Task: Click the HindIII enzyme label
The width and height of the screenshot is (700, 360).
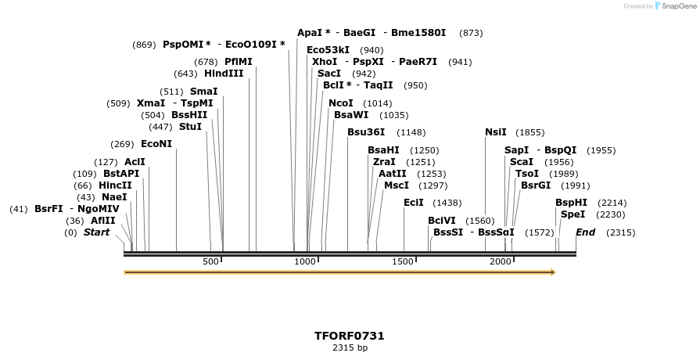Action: pyautogui.click(x=224, y=74)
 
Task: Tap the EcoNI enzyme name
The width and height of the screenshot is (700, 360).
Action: pyautogui.click(x=156, y=144)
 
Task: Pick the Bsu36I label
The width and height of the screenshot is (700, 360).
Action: pyautogui.click(x=366, y=132)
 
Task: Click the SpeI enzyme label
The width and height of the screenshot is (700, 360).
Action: pyautogui.click(x=573, y=214)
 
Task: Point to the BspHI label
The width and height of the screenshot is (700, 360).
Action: pyautogui.click(x=571, y=203)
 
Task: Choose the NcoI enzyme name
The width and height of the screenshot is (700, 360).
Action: pyautogui.click(x=341, y=103)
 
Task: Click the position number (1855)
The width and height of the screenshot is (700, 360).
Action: pyautogui.click(x=530, y=132)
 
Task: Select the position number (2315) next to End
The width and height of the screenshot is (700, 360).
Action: pyautogui.click(x=621, y=232)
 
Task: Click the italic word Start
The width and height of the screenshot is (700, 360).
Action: pyautogui.click(x=96, y=232)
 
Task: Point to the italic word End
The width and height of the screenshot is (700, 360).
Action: pyautogui.click(x=585, y=232)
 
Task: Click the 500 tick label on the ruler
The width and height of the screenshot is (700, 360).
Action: pyautogui.click(x=210, y=261)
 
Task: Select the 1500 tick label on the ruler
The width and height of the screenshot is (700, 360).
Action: pyautogui.click(x=404, y=261)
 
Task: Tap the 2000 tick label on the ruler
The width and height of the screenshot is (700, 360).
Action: pyautogui.click(x=501, y=261)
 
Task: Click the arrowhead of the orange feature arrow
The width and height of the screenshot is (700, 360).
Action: pyautogui.click(x=552, y=272)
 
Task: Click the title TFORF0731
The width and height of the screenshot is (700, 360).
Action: pyautogui.click(x=350, y=336)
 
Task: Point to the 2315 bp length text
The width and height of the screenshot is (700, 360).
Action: pyautogui.click(x=350, y=347)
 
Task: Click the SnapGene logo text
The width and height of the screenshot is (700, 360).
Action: pyautogui.click(x=675, y=6)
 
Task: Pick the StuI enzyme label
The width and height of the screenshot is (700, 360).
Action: pyautogui.click(x=190, y=127)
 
